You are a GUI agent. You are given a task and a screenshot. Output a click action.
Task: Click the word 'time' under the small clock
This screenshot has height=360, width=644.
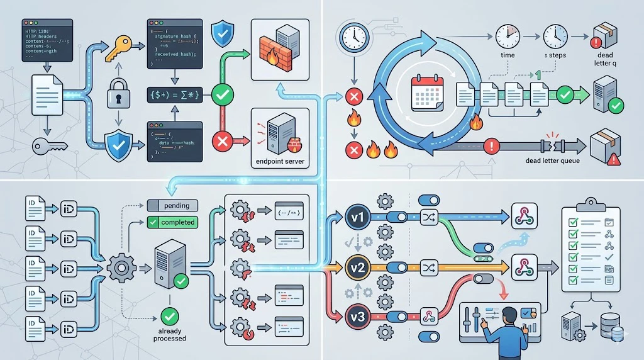pos(507,55)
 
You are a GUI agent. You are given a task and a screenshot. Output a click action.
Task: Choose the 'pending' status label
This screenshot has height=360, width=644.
pos(172,205)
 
